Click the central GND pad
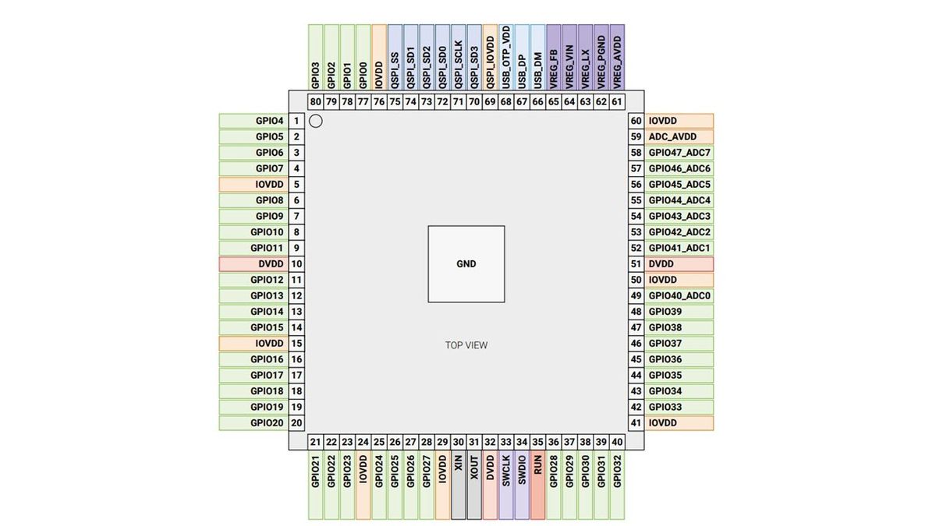click(466, 264)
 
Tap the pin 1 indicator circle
click(316, 121)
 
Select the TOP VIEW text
click(466, 345)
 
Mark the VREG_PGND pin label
click(601, 57)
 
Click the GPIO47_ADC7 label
click(679, 153)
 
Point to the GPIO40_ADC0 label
click(679, 295)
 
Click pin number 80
click(316, 102)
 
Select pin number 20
click(296, 423)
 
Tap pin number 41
click(636, 423)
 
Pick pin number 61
click(617, 102)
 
